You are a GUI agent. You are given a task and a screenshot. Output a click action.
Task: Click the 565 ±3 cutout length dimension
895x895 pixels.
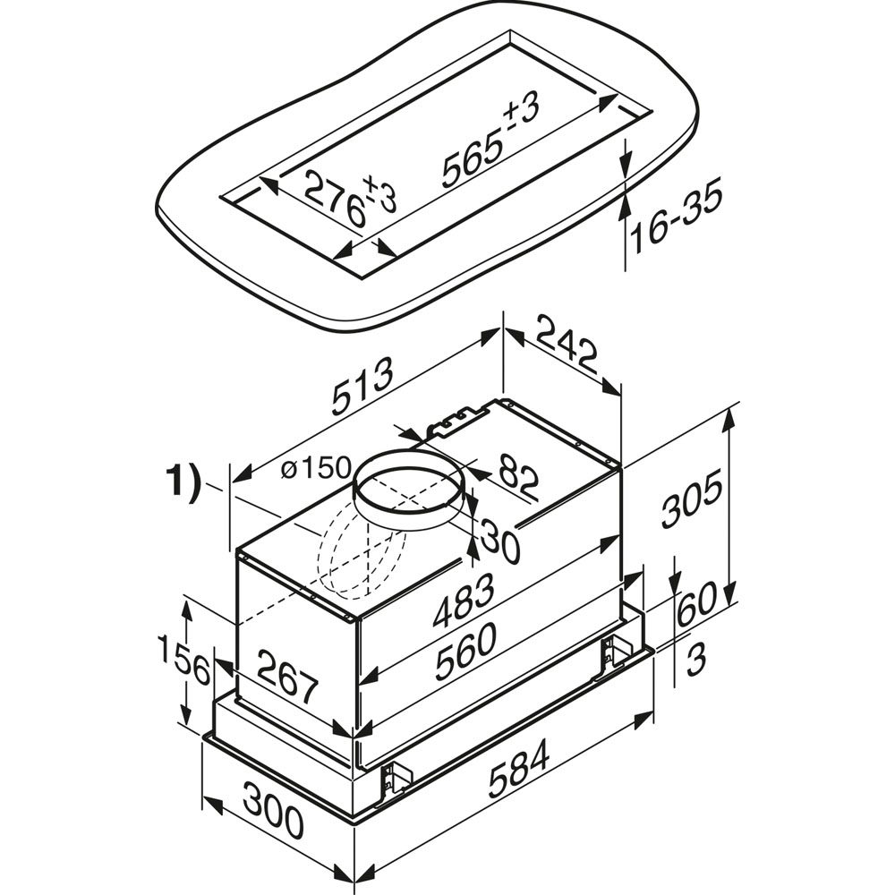tap(490, 140)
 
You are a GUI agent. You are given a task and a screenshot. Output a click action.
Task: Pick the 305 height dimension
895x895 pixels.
tap(692, 497)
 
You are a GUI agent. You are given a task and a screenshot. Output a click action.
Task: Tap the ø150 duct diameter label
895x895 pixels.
tap(315, 468)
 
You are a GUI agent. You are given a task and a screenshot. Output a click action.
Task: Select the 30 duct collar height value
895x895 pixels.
tap(499, 539)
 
